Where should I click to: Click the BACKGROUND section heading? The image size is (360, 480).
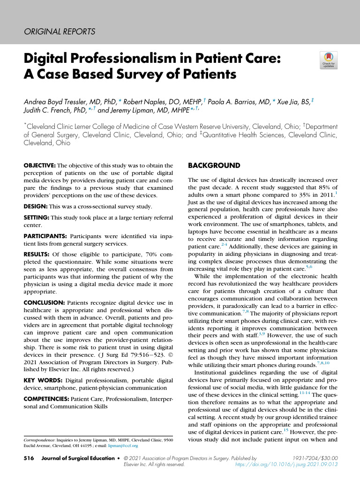click(214, 165)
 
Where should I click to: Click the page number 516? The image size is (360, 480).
click(29, 457)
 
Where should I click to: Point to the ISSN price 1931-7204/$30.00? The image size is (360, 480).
click(315, 457)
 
